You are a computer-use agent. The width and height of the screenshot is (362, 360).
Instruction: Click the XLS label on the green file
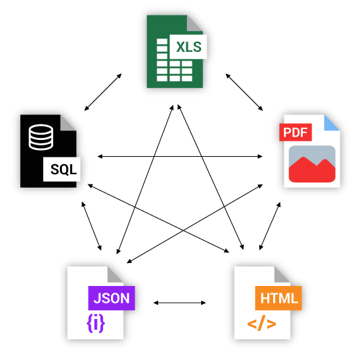point(188,47)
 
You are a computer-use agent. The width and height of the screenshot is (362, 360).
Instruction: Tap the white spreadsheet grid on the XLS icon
point(174,60)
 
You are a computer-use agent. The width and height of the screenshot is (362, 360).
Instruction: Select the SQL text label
point(63,170)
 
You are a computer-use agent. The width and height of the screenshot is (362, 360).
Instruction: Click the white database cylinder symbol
point(41,137)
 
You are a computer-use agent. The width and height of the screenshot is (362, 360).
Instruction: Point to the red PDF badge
point(295,133)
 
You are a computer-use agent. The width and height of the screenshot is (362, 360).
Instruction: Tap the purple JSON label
point(112,298)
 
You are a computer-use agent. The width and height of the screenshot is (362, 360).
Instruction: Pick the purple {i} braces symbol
point(96,323)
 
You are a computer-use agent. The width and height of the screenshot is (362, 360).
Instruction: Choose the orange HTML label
point(279,298)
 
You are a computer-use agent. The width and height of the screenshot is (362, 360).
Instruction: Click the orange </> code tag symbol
point(262,323)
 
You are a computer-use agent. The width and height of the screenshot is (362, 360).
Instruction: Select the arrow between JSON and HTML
point(180,303)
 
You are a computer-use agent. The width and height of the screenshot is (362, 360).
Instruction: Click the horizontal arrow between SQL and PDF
point(180,157)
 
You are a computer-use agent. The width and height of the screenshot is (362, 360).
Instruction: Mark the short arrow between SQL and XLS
point(103,92)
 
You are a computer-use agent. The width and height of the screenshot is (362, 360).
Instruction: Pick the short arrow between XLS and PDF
point(244,92)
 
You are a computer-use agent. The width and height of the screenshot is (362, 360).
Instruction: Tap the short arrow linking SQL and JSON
point(92,226)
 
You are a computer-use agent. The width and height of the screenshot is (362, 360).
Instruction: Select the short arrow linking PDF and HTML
point(270,226)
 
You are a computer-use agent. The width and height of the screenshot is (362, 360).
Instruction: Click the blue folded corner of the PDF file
point(332,123)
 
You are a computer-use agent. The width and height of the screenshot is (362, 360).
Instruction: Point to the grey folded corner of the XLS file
point(194,23)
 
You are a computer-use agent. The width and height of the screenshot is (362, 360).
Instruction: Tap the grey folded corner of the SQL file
point(68,122)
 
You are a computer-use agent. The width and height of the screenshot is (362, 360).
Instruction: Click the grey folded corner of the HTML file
point(282,275)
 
